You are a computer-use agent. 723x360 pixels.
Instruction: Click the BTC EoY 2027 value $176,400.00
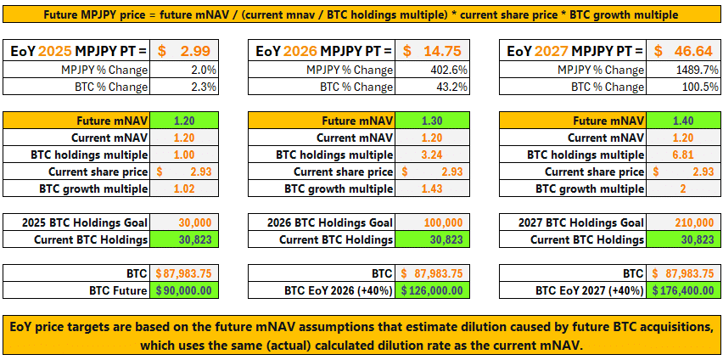(683, 290)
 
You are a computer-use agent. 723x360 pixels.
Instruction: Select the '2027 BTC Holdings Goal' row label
(580, 222)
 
